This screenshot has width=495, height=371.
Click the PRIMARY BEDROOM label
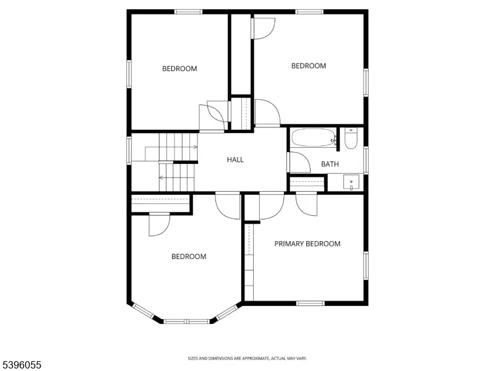308,244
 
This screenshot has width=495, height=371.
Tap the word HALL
235,160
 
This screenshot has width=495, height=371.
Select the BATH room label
330,164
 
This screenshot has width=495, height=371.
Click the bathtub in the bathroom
313,138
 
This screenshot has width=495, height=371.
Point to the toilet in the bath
350,139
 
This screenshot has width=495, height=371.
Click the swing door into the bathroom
299,162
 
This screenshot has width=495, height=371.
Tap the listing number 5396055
21,365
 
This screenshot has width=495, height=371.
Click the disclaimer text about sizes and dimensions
247,358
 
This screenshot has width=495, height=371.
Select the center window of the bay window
187,322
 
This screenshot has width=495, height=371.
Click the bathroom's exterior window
366,160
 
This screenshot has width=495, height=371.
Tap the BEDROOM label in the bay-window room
189,257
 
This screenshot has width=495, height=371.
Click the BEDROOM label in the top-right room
308,66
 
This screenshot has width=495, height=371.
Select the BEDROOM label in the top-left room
179,69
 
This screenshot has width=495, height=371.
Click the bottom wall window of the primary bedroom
311,303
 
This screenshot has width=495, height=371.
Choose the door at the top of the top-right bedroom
264,28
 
